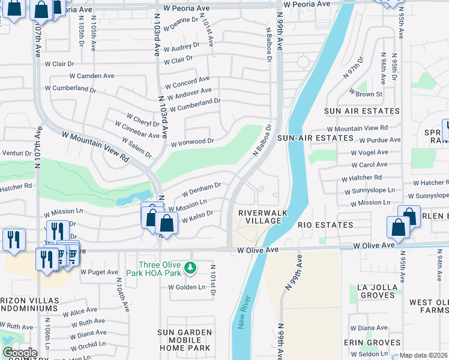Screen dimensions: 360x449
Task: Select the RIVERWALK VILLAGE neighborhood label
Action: (259, 217)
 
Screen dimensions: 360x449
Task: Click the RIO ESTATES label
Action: (325, 225)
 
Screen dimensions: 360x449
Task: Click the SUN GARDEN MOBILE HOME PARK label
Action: (184, 340)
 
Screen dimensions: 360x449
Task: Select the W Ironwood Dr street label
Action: (192, 143)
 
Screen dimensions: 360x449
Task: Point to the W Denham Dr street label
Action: (202, 191)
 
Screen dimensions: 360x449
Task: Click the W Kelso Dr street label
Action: (194, 217)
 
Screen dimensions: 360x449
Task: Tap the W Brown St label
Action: (366, 94)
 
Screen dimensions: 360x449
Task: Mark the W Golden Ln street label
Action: (186, 287)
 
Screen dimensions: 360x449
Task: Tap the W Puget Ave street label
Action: (99, 272)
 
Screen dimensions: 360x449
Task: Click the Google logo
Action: (20, 353)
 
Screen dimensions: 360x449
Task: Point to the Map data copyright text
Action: (424, 355)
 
